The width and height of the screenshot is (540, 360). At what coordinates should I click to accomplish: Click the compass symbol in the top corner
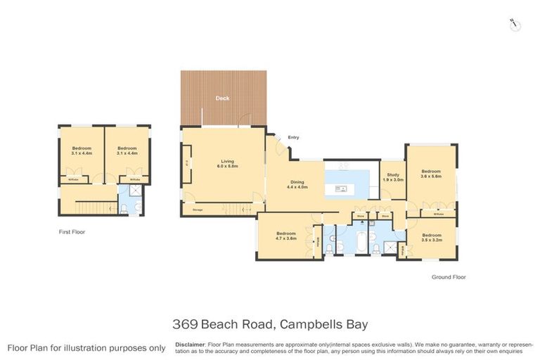[x=515, y=25]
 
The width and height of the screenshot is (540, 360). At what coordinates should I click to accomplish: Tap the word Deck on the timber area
[x=222, y=98]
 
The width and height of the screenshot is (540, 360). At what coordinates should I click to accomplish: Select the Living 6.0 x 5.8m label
[x=226, y=165]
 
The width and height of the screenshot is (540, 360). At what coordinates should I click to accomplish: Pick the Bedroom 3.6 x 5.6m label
[x=430, y=174]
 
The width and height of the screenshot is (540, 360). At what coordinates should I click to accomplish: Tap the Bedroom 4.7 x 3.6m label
[x=285, y=236]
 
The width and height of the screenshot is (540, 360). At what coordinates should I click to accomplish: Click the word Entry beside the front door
[x=293, y=137]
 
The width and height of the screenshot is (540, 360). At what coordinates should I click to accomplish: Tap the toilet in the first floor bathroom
[x=124, y=207]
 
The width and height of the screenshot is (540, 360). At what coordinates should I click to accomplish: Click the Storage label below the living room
[x=191, y=209]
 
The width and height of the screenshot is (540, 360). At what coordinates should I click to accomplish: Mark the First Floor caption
[x=72, y=231]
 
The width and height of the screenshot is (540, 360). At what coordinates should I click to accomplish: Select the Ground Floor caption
[x=448, y=277]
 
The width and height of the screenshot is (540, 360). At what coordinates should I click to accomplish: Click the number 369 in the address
[x=185, y=324]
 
